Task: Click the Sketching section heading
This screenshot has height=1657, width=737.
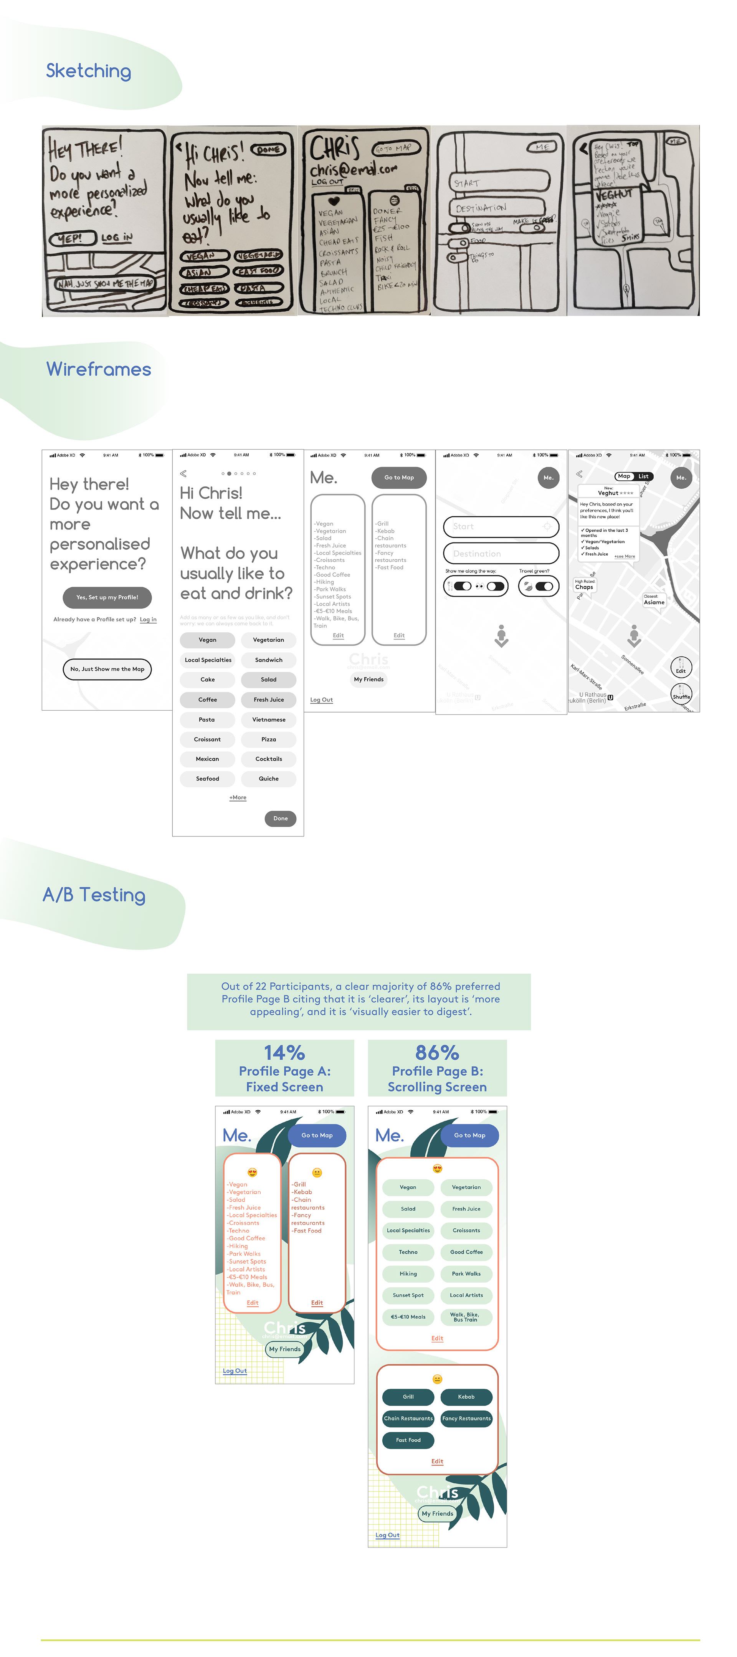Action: click(x=88, y=71)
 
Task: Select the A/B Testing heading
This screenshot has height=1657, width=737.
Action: click(x=94, y=895)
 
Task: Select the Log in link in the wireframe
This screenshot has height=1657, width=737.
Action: click(x=148, y=619)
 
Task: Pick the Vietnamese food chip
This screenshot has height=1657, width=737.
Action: click(x=269, y=719)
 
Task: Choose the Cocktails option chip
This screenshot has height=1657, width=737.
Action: click(x=269, y=759)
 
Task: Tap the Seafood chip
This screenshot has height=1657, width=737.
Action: click(x=207, y=778)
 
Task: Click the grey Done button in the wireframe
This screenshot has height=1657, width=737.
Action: click(x=280, y=818)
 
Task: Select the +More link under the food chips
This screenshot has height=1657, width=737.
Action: click(x=238, y=798)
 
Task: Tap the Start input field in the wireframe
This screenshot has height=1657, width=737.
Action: click(x=501, y=526)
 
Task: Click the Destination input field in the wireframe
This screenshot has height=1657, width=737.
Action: click(x=501, y=553)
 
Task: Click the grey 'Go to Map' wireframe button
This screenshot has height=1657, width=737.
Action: click(x=399, y=477)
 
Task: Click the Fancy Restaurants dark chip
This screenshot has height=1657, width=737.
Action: click(x=466, y=1418)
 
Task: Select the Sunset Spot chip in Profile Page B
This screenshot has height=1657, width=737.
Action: click(x=408, y=1295)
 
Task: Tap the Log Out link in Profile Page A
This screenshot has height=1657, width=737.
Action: click(x=235, y=1371)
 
